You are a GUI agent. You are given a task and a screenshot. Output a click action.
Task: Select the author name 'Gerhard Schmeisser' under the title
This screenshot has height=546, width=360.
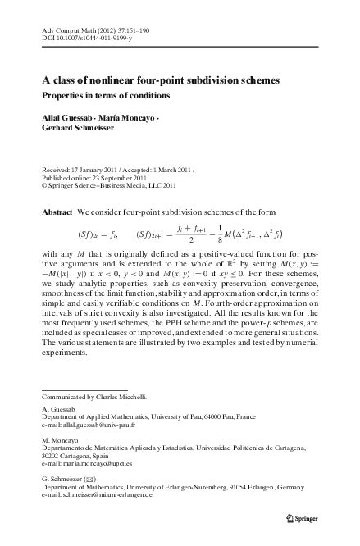pos(80,129)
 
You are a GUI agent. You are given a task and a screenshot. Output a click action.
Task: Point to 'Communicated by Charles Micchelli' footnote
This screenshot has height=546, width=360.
pos(94,398)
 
